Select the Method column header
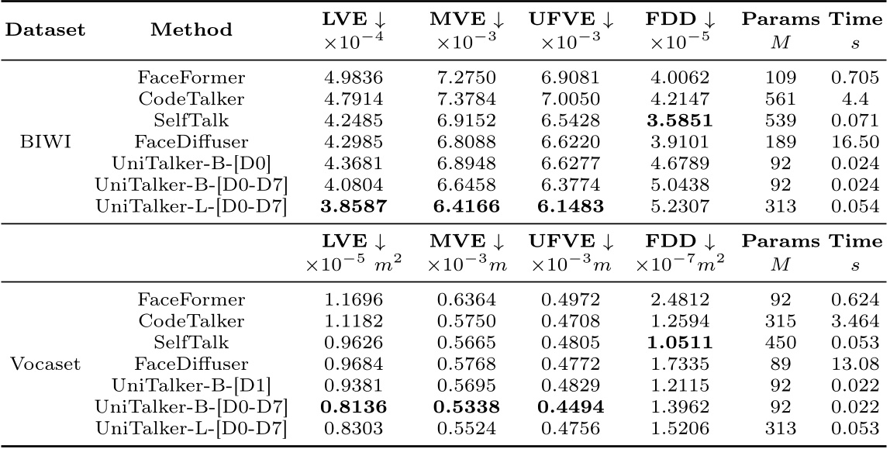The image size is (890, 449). [x=191, y=29]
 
